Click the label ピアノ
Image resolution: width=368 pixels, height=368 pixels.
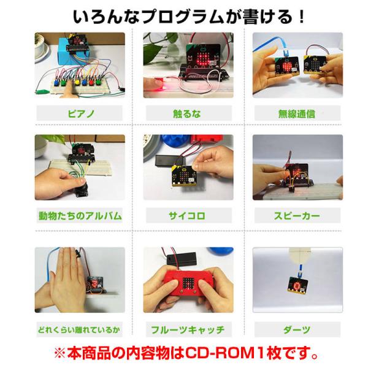click(81, 114)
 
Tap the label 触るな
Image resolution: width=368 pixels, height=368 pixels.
click(187, 114)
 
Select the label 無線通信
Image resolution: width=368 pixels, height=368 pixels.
click(296, 114)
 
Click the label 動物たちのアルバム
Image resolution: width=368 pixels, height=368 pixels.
click(80, 216)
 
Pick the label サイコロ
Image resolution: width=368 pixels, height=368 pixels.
click(187, 216)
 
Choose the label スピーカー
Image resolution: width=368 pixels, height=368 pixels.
click(297, 216)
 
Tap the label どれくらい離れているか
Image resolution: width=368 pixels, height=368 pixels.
click(79, 330)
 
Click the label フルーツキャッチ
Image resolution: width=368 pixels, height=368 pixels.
click(188, 330)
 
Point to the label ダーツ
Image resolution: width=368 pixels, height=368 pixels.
click(297, 330)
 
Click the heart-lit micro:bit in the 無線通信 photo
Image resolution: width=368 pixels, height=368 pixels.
click(286, 66)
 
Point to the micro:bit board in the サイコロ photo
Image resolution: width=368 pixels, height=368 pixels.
click(185, 176)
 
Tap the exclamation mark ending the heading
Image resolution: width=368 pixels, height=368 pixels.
click(302, 17)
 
